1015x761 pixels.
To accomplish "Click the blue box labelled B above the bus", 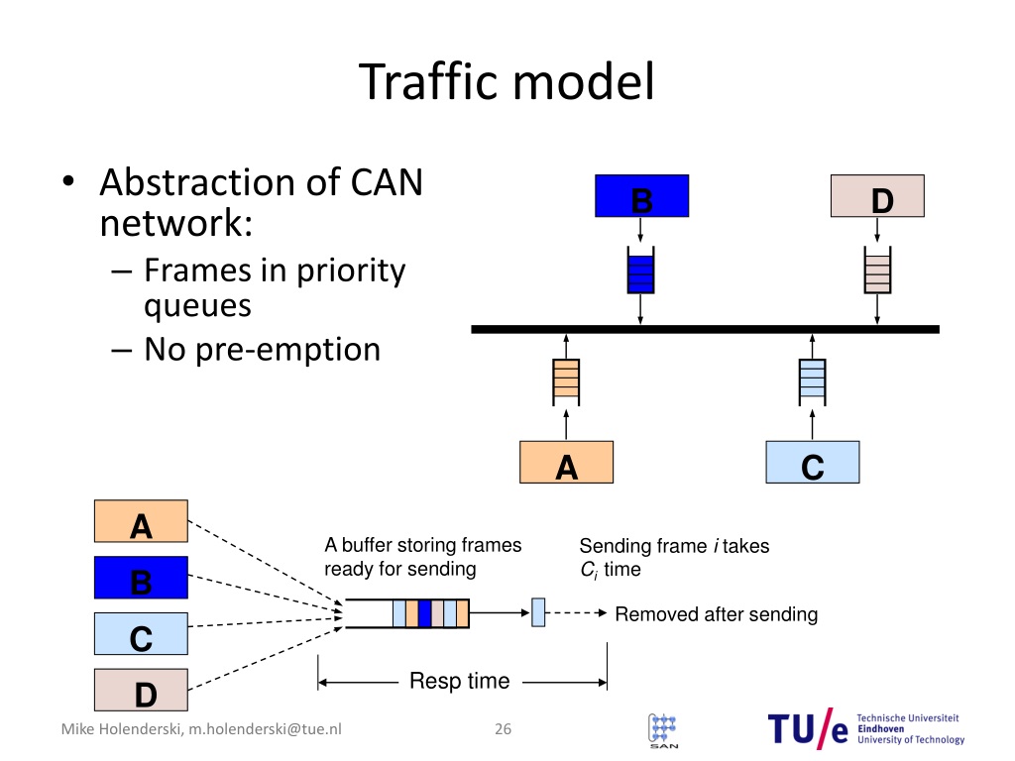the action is pos(641,195).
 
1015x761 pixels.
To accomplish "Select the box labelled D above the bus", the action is pos(877,195).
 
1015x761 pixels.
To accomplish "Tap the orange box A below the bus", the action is pos(566,462).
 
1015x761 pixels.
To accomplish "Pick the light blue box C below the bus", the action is pos(813,462).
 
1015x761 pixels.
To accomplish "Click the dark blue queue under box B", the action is pos(641,271).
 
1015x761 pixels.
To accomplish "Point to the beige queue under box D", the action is pos(878,271).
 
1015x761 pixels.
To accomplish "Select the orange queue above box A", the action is pos(566,382).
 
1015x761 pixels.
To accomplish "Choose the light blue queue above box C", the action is pos(813,382).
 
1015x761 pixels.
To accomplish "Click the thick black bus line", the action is pos(705,329).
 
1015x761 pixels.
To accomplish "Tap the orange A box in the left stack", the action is pos(141,521).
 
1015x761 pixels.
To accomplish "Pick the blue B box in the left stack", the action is pos(141,578).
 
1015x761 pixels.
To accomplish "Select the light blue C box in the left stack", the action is pos(141,633).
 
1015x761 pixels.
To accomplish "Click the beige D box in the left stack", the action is pos(141,690).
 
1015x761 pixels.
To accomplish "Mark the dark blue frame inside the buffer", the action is pos(424,613).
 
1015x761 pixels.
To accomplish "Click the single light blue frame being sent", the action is pos(538,612).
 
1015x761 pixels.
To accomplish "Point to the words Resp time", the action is pos(460,681).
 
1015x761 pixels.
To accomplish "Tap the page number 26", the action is pos(503,728).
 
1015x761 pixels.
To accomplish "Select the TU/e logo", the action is pos(866,728).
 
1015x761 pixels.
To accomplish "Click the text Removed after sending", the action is pos(716,614).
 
